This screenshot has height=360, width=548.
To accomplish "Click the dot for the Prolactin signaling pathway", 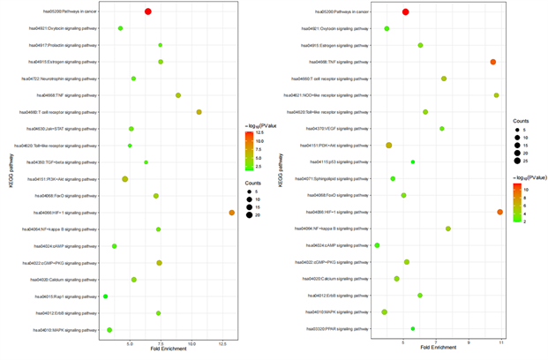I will [160, 45].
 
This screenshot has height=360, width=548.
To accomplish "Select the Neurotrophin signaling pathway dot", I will [133, 79].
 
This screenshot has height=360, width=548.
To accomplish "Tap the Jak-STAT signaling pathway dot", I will [131, 129].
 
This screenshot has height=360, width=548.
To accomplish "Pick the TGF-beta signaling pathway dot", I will [146, 162].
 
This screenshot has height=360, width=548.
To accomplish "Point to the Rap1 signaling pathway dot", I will [105, 296].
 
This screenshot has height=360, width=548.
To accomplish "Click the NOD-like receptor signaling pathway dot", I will [497, 95].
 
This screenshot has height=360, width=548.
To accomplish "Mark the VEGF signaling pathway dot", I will [442, 129].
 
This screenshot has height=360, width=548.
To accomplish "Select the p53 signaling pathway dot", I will [413, 162].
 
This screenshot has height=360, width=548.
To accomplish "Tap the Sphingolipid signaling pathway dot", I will [393, 179].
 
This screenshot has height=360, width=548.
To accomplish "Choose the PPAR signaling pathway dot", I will [413, 329].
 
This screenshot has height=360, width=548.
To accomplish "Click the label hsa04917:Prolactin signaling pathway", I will [64, 45].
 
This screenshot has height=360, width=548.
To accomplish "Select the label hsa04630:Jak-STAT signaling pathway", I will [64, 129].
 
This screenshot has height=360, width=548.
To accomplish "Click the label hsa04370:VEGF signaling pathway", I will [339, 129].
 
